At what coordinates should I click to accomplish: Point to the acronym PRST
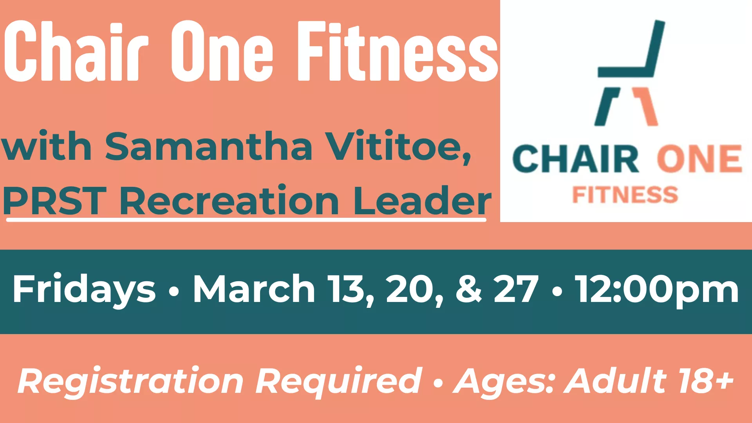point(55,201)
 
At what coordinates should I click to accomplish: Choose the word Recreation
point(229,201)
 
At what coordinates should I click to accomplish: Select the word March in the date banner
point(254,289)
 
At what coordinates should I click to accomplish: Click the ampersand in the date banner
point(469,289)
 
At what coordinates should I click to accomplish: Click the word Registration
point(131,381)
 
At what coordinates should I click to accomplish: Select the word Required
point(339,381)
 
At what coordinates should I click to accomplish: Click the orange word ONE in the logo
point(699,159)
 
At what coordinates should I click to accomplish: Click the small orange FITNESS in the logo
point(625,195)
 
